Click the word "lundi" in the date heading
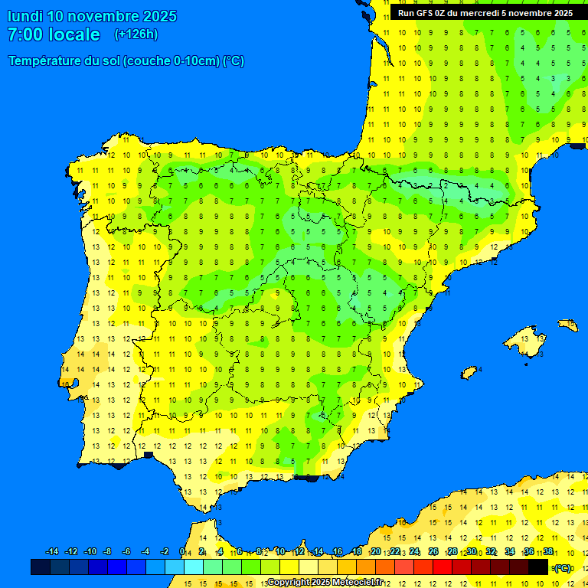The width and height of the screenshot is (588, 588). pos(24,16)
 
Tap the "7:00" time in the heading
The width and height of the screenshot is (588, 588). pos(24,34)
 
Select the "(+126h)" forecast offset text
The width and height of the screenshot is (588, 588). pos(136,34)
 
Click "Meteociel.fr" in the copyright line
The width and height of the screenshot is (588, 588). pos(358,583)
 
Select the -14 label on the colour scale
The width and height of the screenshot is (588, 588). pos(52,552)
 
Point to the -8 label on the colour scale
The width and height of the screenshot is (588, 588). pos(107,552)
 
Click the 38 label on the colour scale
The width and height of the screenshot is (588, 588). pos(548,552)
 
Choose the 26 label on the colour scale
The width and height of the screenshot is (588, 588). pos(433,552)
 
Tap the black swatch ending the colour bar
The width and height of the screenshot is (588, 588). pos(538,567)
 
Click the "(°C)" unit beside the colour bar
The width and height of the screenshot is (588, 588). pos(563,568)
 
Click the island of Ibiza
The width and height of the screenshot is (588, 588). pos(469,373)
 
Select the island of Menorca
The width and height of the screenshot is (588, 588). pos(567,325)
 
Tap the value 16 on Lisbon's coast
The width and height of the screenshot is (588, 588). pos(66,384)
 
